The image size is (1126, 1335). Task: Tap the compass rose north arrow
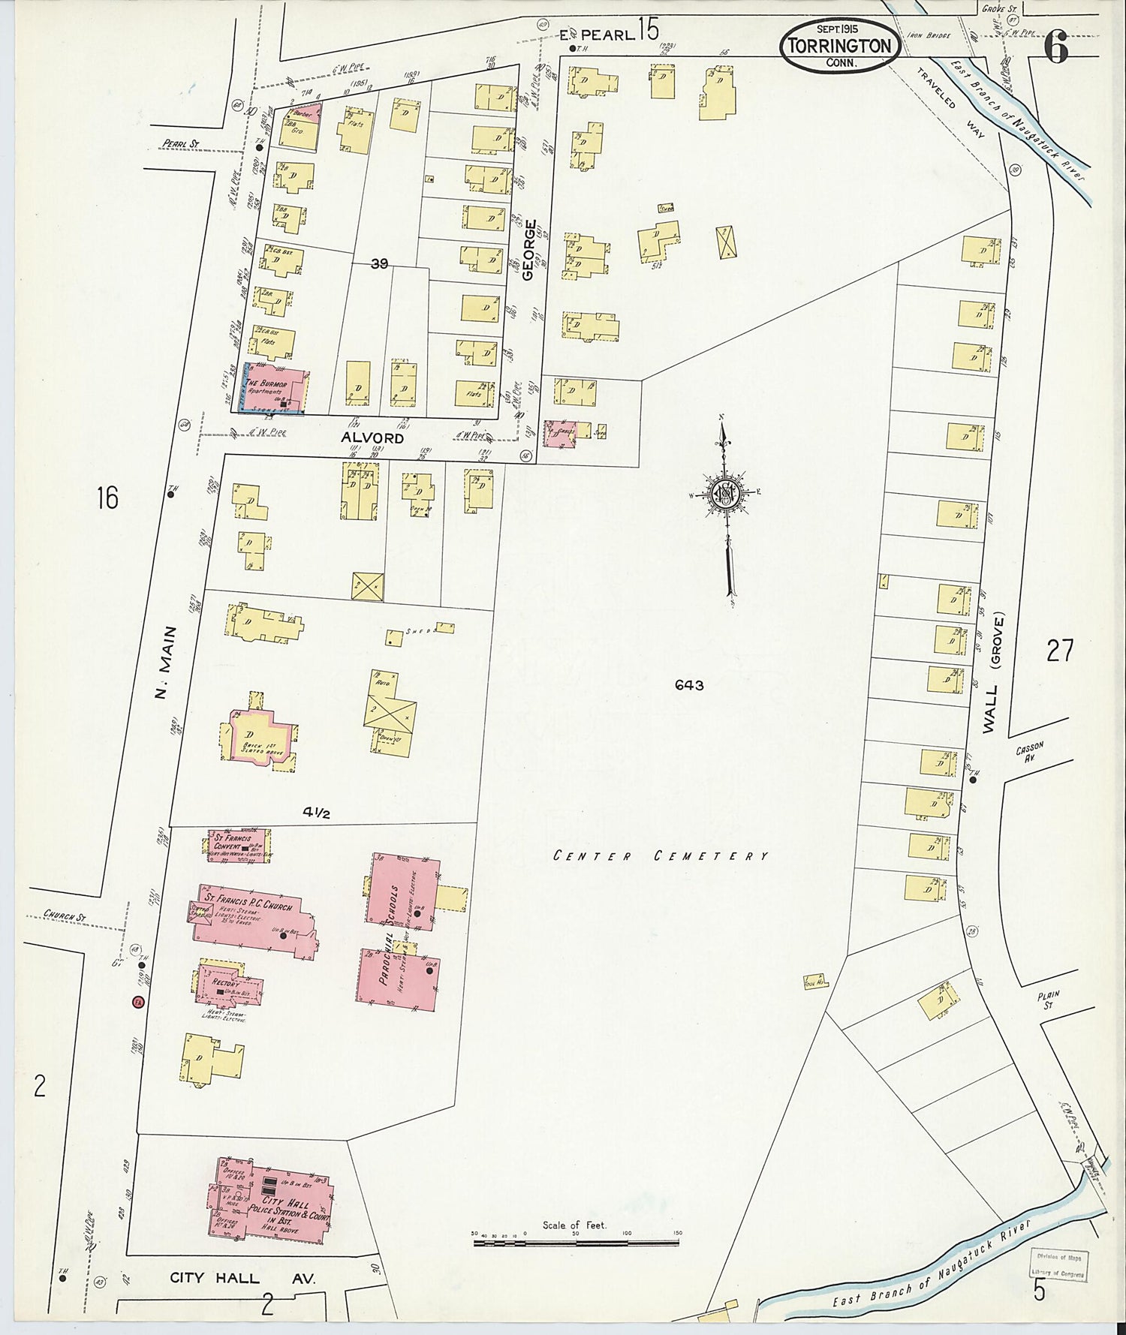tap(725, 495)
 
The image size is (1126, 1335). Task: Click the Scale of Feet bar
tap(576, 1243)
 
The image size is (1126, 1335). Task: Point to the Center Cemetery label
tap(660, 855)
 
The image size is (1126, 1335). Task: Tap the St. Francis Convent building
tap(235, 840)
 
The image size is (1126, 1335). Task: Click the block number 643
tap(688, 684)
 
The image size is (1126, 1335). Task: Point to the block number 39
tap(380, 263)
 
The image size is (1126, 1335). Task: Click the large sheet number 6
tap(1055, 50)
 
